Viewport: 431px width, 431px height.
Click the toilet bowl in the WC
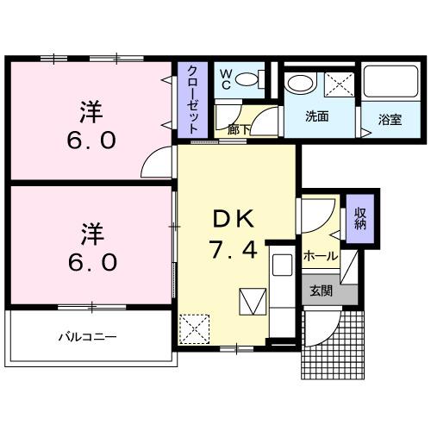coord(248,82)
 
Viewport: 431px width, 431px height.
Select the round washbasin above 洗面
coord(301,84)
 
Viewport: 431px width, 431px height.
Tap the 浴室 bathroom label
coord(390,120)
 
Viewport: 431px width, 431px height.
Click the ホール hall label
coord(320,256)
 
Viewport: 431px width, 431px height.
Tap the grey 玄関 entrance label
coord(321,291)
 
